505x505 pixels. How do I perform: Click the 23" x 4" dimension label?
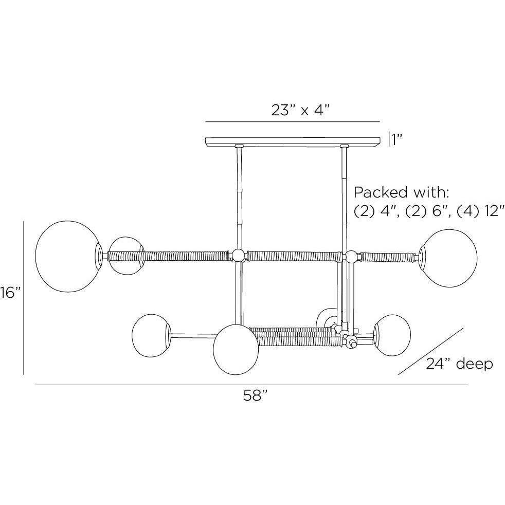pos(301,110)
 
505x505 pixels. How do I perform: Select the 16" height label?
pos(10,293)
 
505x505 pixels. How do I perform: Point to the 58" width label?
pos(256,395)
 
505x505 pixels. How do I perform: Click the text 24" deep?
pos(460,364)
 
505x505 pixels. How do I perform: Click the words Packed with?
pos(401,192)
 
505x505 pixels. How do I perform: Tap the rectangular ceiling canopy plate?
pos(293,141)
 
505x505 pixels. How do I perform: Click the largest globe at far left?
pos(68,257)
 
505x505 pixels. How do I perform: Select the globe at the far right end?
pos(448,258)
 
